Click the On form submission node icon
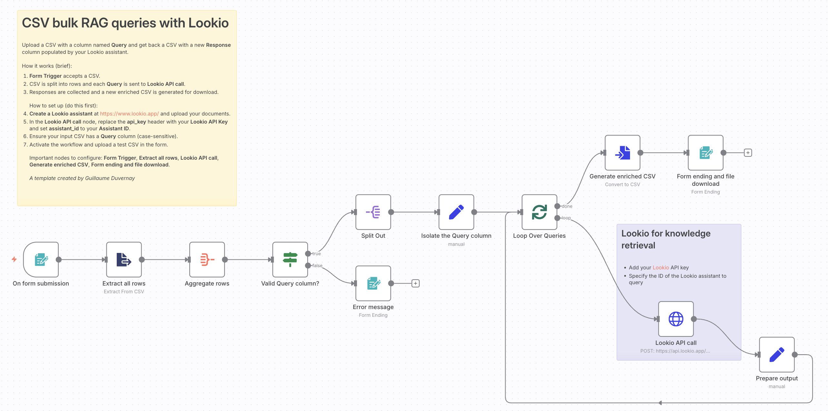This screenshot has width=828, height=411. pyautogui.click(x=41, y=260)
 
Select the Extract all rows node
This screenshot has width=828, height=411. pyautogui.click(x=124, y=260)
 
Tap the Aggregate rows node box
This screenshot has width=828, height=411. pyautogui.click(x=207, y=260)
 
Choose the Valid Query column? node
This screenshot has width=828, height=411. pyautogui.click(x=290, y=260)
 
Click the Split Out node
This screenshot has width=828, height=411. pyautogui.click(x=373, y=212)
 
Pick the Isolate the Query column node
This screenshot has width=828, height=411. pyautogui.click(x=456, y=212)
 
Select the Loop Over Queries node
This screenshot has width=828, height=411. pyautogui.click(x=539, y=212)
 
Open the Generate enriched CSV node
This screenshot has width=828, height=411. pyautogui.click(x=622, y=153)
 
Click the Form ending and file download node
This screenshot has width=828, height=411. pyautogui.click(x=705, y=153)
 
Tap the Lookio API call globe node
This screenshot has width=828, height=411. pyautogui.click(x=676, y=319)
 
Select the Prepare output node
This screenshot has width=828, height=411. pyautogui.click(x=777, y=355)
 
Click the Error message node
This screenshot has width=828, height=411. pyautogui.click(x=373, y=283)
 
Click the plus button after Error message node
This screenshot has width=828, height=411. pyautogui.click(x=416, y=283)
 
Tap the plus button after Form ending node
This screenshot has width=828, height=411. pyautogui.click(x=748, y=153)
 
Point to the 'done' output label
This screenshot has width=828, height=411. pyautogui.click(x=567, y=206)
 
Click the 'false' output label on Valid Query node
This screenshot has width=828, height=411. pyautogui.click(x=317, y=266)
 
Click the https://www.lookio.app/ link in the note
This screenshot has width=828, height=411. pyautogui.click(x=129, y=114)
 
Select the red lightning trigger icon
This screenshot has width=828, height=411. pyautogui.click(x=14, y=259)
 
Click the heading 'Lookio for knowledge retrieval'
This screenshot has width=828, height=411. pyautogui.click(x=665, y=239)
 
